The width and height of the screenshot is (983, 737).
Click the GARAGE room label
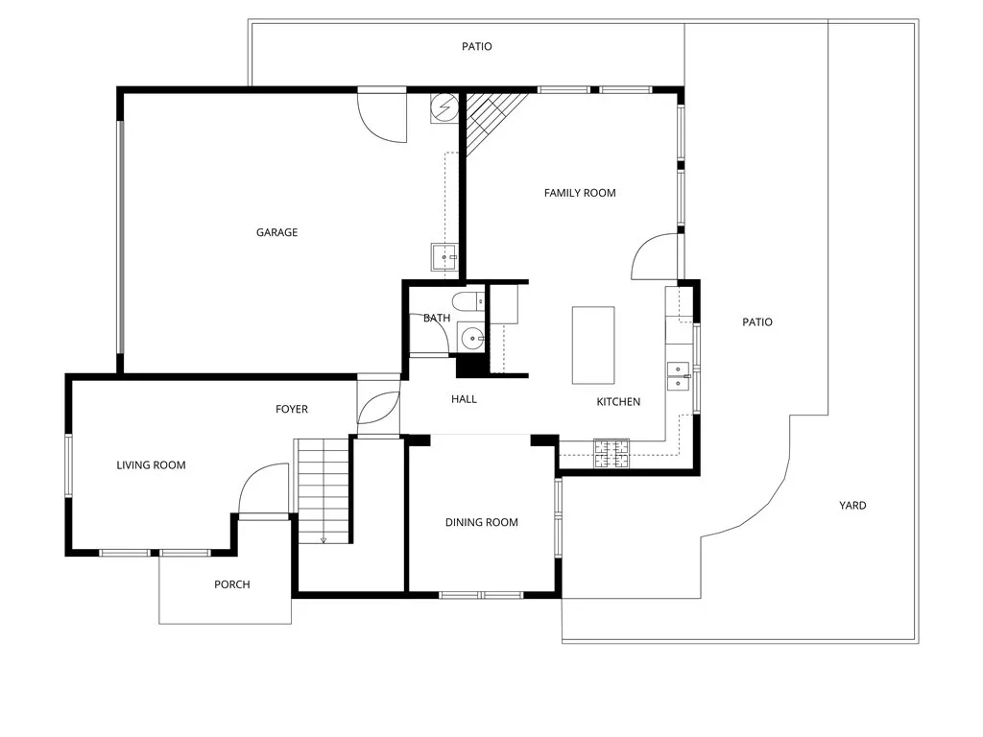(276, 232)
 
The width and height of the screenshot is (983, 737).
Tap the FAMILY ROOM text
(580, 193)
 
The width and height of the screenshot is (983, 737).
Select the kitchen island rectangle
(592, 345)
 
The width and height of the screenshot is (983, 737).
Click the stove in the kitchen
(611, 453)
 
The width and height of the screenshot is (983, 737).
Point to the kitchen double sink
(679, 375)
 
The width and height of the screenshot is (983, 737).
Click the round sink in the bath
(471, 338)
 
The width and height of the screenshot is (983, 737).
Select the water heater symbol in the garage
(444, 107)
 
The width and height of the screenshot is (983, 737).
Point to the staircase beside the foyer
(322, 489)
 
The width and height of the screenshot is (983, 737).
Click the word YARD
(852, 506)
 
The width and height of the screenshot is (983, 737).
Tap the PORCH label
(231, 584)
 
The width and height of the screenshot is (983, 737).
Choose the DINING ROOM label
(481, 523)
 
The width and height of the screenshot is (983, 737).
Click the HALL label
(464, 399)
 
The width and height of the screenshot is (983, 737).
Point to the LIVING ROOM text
(151, 465)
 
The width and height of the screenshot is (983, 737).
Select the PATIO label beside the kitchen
(756, 322)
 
